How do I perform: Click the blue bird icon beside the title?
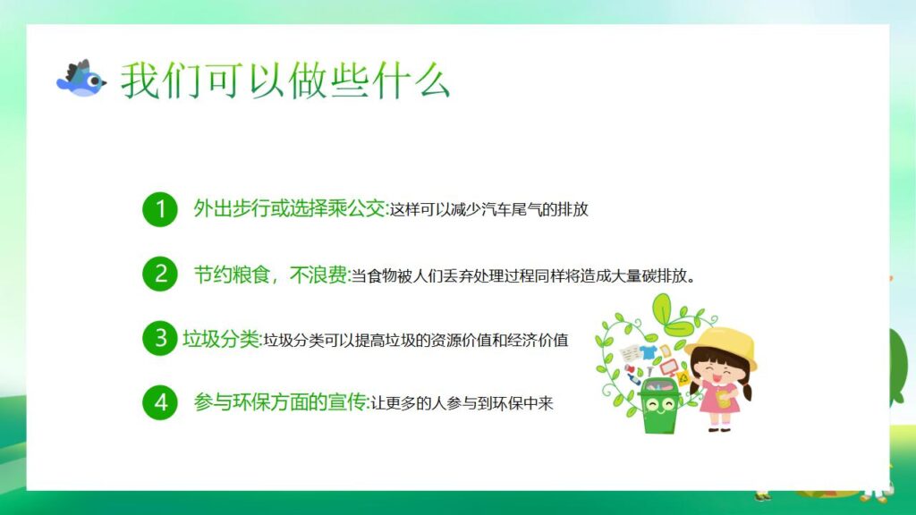tap(81, 80)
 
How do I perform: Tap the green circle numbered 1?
tap(160, 210)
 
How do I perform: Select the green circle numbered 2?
tap(160, 274)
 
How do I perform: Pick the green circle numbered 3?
tap(160, 339)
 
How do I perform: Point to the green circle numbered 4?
tap(160, 402)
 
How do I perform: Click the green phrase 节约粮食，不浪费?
tap(270, 274)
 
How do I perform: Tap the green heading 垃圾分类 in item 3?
tap(220, 340)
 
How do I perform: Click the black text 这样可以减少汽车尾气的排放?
tap(488, 211)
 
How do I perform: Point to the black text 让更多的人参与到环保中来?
tap(462, 403)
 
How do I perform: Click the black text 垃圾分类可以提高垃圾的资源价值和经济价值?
tap(414, 341)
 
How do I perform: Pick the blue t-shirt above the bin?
tap(649, 351)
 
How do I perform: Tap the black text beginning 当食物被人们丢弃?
tap(522, 275)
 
